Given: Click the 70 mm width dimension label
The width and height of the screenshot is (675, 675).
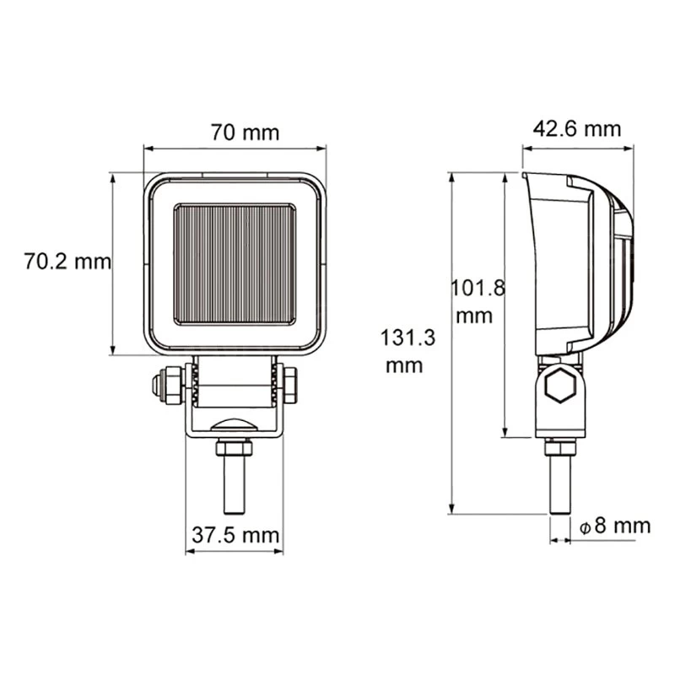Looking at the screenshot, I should click(x=245, y=133).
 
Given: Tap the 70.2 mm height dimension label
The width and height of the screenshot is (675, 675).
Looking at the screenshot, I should click(x=67, y=262).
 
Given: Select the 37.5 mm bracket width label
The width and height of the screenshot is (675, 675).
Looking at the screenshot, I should click(x=235, y=535).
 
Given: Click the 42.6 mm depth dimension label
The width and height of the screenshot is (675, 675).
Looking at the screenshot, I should click(x=577, y=129).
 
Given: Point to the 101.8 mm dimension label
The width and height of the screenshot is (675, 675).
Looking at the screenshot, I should click(x=478, y=301).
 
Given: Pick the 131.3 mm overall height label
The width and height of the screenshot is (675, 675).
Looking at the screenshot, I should click(x=409, y=352).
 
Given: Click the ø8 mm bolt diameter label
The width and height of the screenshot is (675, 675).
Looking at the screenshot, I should click(x=615, y=526).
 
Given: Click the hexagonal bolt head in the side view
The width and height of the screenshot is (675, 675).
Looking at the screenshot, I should click(x=559, y=390).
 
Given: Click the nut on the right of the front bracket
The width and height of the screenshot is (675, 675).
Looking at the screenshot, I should click(x=288, y=386).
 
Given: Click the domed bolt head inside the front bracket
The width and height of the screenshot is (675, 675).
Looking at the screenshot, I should click(x=235, y=426).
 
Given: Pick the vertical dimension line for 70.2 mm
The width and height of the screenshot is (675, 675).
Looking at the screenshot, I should click(x=112, y=263).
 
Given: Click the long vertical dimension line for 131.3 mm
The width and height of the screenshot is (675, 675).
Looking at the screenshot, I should click(x=452, y=343).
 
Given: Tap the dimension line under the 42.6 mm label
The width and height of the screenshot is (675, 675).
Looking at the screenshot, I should click(x=577, y=147).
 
